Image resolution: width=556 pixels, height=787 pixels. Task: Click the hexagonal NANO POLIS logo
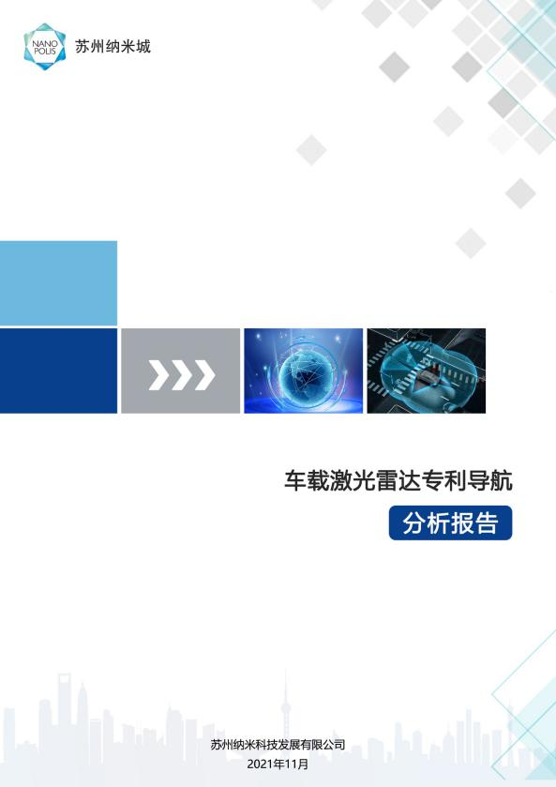tap(45, 47)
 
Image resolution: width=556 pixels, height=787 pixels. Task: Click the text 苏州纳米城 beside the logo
tap(113, 47)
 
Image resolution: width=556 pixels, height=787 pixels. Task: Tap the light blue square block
tap(58, 283)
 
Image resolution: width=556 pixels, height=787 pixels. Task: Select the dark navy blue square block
tap(58, 371)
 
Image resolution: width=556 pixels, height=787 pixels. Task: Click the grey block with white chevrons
tap(181, 371)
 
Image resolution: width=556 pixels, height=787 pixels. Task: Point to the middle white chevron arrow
tap(182, 375)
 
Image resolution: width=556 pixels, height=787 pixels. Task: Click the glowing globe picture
tap(303, 371)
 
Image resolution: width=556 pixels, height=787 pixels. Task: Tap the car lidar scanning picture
tap(426, 371)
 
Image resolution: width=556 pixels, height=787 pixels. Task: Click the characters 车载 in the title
tap(307, 480)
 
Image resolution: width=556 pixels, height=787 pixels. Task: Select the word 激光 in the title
tap(353, 480)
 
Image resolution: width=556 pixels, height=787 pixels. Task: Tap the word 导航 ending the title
tap(489, 480)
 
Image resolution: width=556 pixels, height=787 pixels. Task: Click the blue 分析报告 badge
tap(451, 523)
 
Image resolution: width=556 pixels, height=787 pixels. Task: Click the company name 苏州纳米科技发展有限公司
tap(278, 745)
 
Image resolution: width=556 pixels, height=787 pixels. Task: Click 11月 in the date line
tap(296, 764)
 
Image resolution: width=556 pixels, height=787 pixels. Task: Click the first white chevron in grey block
tap(159, 375)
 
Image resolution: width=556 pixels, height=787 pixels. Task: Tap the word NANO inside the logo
tap(45, 43)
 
